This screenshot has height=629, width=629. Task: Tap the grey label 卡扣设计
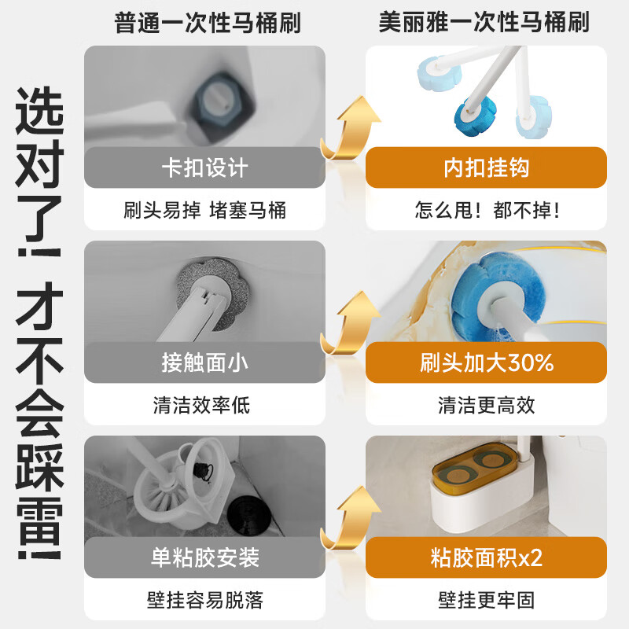204,167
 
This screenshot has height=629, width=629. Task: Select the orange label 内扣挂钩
486,167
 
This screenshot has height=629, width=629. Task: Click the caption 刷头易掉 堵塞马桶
204,210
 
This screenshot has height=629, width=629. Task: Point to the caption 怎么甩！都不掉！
486,210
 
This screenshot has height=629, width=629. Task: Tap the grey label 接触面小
204,362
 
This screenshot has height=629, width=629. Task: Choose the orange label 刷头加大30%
486,362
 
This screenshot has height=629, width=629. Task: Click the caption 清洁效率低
204,405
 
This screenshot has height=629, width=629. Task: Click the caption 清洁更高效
486,405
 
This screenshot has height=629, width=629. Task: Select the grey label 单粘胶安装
204,557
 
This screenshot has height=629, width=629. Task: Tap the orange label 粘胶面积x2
486,557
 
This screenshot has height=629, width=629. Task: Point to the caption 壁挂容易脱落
204,600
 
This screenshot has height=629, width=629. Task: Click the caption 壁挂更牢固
486,600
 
